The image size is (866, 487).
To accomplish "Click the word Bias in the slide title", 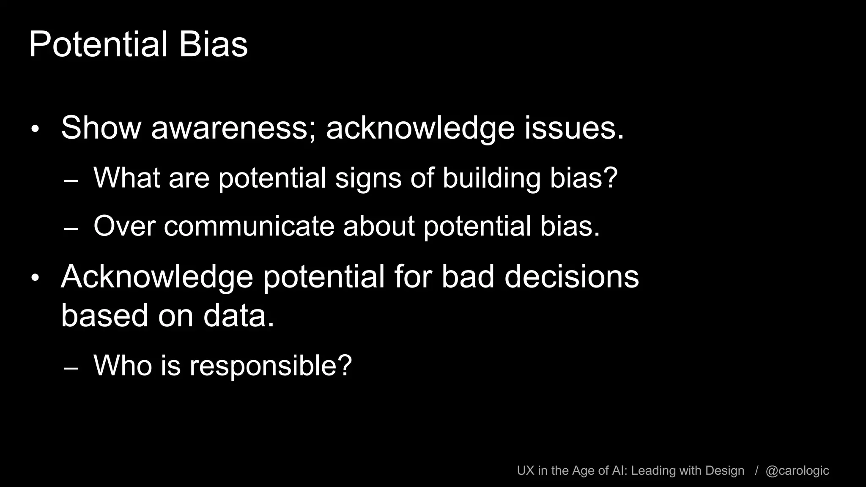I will tap(213, 45).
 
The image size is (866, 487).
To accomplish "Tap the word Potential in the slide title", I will tap(98, 45).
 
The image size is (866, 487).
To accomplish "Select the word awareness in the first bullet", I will tap(230, 128).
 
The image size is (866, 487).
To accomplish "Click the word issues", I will tap(574, 128).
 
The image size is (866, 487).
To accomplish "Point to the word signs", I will tap(368, 178).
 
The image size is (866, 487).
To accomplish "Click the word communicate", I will tap(249, 226).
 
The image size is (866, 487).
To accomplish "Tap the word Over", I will tap(124, 226).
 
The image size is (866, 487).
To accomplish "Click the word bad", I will tap(468, 277).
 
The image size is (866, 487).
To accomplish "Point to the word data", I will tap(238, 316).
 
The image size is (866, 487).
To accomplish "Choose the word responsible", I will tap(271, 366).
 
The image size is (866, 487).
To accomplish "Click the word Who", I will tap(122, 366).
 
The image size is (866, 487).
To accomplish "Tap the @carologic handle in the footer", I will tap(797, 471).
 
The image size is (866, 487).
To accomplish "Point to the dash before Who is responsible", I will tap(71, 369).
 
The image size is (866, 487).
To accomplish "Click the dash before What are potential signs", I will tap(71, 181).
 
